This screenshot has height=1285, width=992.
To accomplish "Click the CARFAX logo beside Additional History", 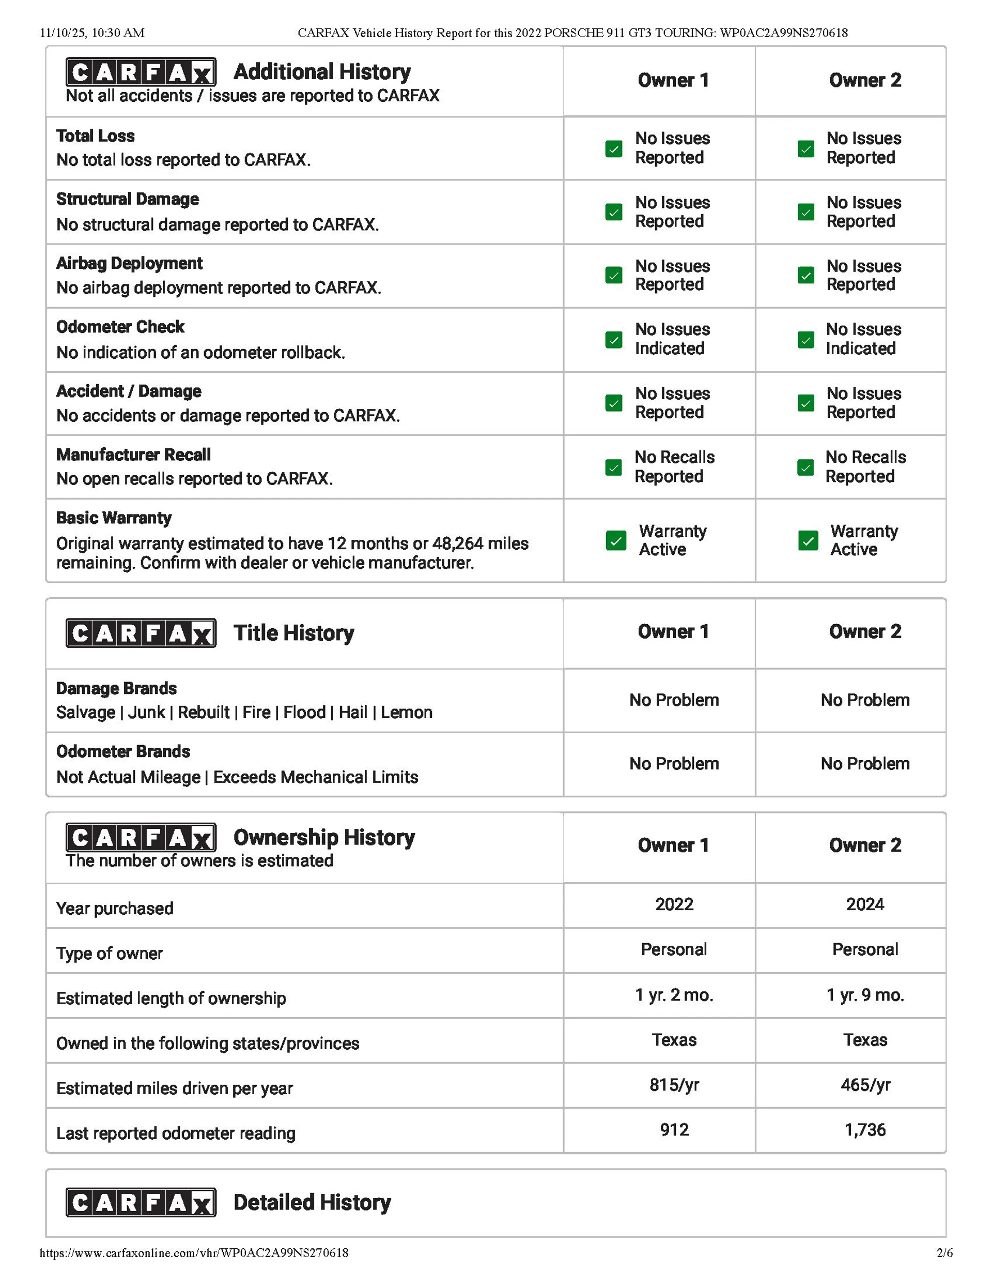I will click(x=141, y=72).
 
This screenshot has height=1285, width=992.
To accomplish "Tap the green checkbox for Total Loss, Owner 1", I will click(x=613, y=148).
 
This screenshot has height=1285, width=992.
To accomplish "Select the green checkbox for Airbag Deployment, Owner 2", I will click(x=805, y=275).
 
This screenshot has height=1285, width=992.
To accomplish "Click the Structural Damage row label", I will click(x=128, y=200).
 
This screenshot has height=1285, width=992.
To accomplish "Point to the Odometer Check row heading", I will click(x=120, y=327).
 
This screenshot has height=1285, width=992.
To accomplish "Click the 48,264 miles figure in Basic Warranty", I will click(x=481, y=543).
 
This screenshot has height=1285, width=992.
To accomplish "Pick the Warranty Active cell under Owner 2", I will click(x=863, y=540).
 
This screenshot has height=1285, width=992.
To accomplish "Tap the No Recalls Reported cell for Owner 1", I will click(x=674, y=466).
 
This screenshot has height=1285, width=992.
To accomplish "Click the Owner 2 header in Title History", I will click(x=864, y=632).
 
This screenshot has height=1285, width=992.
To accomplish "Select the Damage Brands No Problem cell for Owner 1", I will click(x=674, y=700).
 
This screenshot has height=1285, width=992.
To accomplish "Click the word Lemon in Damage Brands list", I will click(x=406, y=713).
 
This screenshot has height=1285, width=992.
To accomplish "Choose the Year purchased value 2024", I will click(x=864, y=904).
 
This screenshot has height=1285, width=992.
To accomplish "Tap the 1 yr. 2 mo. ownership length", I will click(x=674, y=995).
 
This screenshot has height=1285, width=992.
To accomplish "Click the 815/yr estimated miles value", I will click(x=674, y=1085).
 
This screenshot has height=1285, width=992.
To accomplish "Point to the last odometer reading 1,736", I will click(x=864, y=1130).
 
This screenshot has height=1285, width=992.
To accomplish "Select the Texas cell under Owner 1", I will click(x=674, y=1040).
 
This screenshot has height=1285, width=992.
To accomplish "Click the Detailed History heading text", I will click(x=312, y=1203).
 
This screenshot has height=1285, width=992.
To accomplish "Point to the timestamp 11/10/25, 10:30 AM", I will click(x=92, y=33).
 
